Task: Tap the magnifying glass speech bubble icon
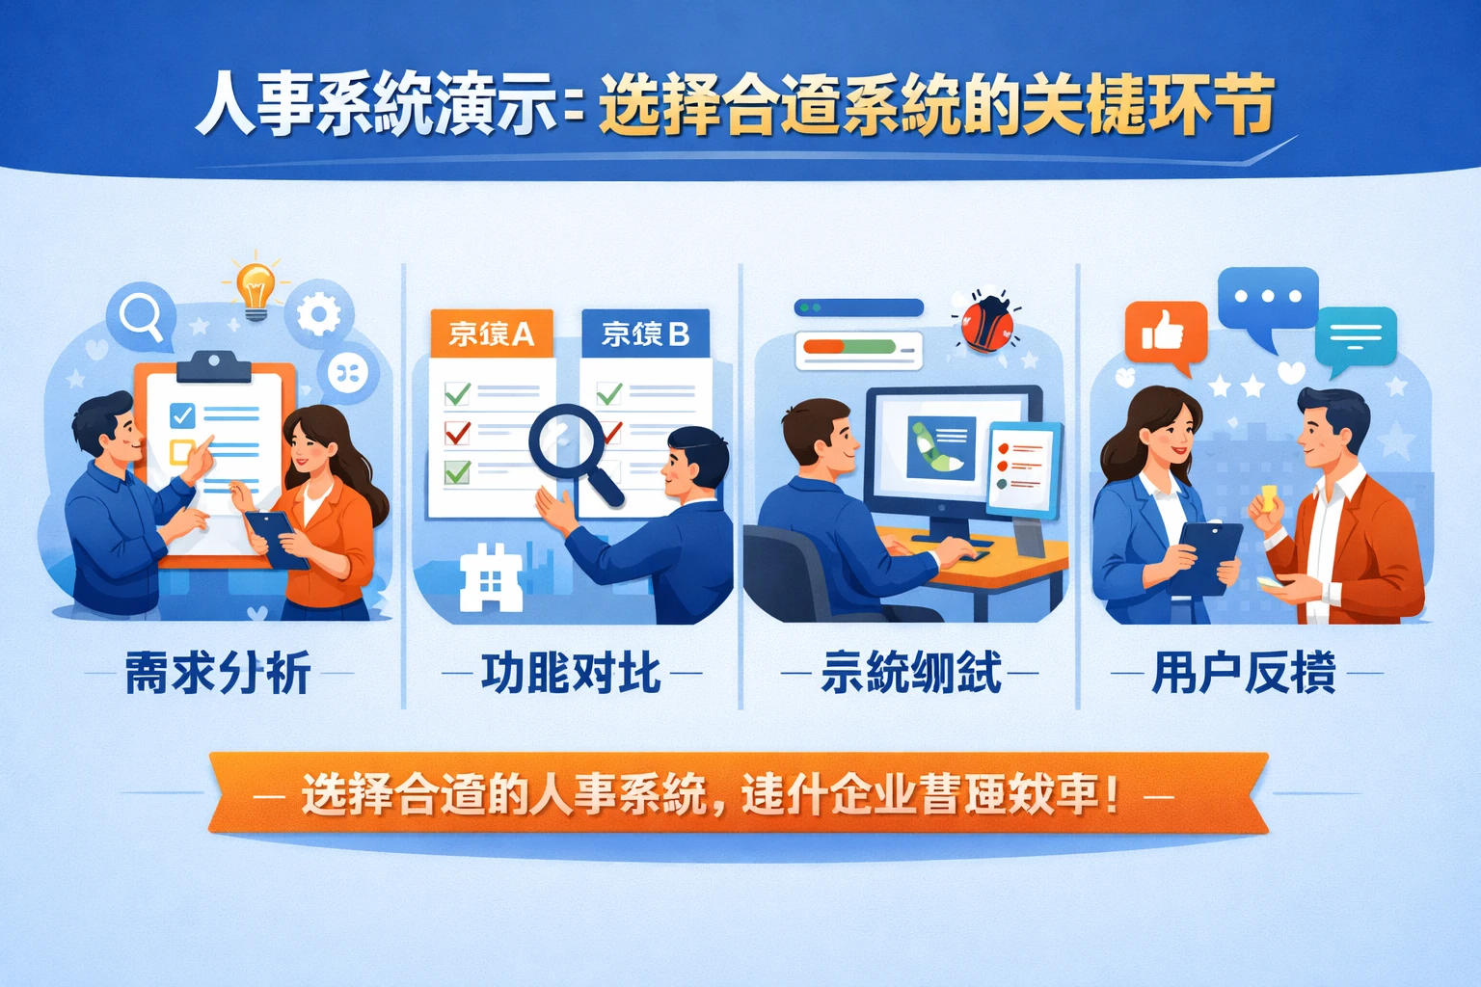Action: [142, 315]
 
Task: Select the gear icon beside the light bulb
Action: [318, 313]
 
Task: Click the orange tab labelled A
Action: [491, 333]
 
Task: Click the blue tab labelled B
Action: [645, 333]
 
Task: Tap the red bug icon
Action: [985, 323]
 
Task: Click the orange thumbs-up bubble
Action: [1165, 333]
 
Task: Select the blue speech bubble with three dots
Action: [1267, 298]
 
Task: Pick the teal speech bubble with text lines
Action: [1356, 336]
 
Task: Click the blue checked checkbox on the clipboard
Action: [182, 415]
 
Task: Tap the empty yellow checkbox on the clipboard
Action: [181, 451]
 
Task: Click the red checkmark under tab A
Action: [457, 433]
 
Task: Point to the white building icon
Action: [491, 578]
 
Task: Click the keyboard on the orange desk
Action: [955, 551]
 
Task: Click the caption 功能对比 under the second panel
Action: [571, 673]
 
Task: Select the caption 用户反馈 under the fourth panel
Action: [1244, 673]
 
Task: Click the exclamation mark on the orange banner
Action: [1114, 794]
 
